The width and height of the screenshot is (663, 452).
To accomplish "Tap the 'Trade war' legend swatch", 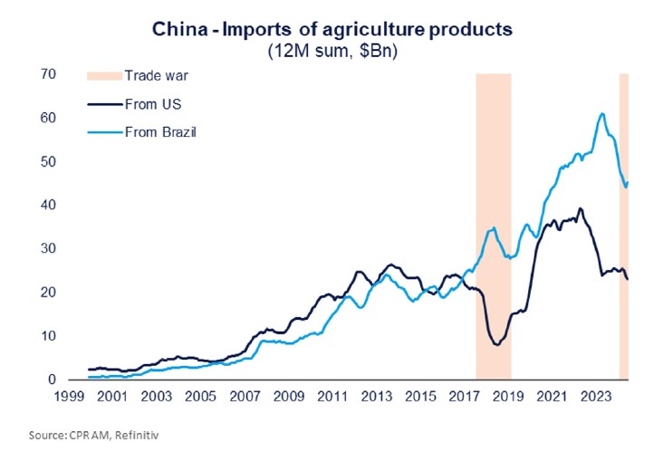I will click(x=102, y=75).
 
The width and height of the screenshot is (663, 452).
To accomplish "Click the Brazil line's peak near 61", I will click(x=602, y=113).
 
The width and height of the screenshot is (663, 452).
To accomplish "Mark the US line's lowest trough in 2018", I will click(x=495, y=345).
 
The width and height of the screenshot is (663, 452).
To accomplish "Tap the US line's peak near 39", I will click(x=580, y=208).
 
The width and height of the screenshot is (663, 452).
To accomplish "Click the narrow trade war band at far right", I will click(x=623, y=226).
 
